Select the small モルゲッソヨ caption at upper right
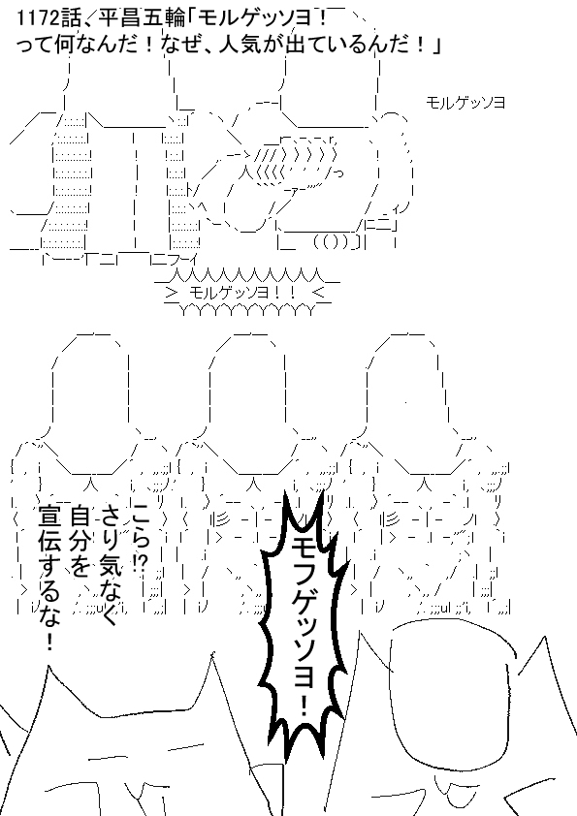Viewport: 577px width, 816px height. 465,103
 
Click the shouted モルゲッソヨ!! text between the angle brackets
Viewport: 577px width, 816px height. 242,292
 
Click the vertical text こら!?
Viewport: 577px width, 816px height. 142,539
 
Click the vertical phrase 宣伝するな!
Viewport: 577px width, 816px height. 48,578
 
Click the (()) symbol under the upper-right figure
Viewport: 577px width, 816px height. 333,243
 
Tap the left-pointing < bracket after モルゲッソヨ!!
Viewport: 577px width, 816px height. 319,292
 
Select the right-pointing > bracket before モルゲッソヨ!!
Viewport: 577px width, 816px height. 172,292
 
